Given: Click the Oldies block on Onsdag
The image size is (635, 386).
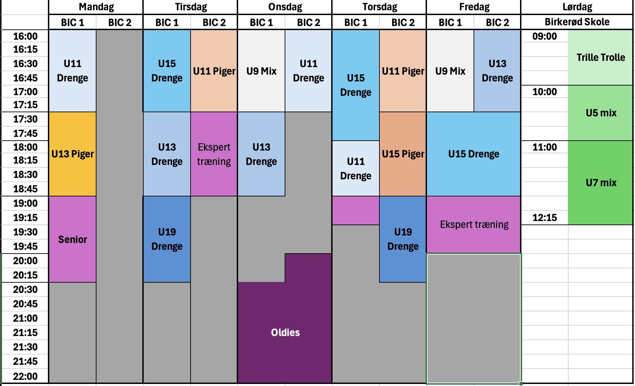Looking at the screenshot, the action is tap(285, 332).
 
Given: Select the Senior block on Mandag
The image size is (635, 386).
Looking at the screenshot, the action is tap(73, 239).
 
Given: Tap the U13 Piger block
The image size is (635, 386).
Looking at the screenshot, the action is tap(73, 154).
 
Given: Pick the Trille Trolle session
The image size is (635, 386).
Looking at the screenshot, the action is tap(600, 57).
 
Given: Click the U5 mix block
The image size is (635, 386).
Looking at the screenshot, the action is tap(600, 113).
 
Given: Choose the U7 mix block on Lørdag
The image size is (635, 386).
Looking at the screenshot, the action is tap(600, 183).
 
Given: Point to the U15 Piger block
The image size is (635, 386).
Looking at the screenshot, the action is tap(403, 154).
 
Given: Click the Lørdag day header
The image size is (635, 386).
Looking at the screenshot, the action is tap(577, 7).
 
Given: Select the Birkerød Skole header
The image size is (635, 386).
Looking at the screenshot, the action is tap(577, 22).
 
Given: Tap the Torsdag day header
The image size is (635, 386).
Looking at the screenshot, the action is tap(380, 7).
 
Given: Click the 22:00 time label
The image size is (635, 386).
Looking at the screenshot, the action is tap(25, 376).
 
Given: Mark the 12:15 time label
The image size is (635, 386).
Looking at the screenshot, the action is tap(545, 218).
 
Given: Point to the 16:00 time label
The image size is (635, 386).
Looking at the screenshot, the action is tap(25, 36).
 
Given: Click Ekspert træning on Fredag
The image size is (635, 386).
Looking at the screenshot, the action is tap(474, 224).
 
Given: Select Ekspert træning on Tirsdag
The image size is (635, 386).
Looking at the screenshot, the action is tap(214, 154).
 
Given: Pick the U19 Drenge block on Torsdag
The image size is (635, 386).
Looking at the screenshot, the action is tap(403, 239).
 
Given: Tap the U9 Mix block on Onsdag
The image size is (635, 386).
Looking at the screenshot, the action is tap(261, 71).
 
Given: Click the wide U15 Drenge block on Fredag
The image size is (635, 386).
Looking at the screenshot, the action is tap(474, 154).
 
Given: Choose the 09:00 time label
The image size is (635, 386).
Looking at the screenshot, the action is tap(545, 36).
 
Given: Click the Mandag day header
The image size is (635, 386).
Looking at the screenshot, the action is tap(96, 7).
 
